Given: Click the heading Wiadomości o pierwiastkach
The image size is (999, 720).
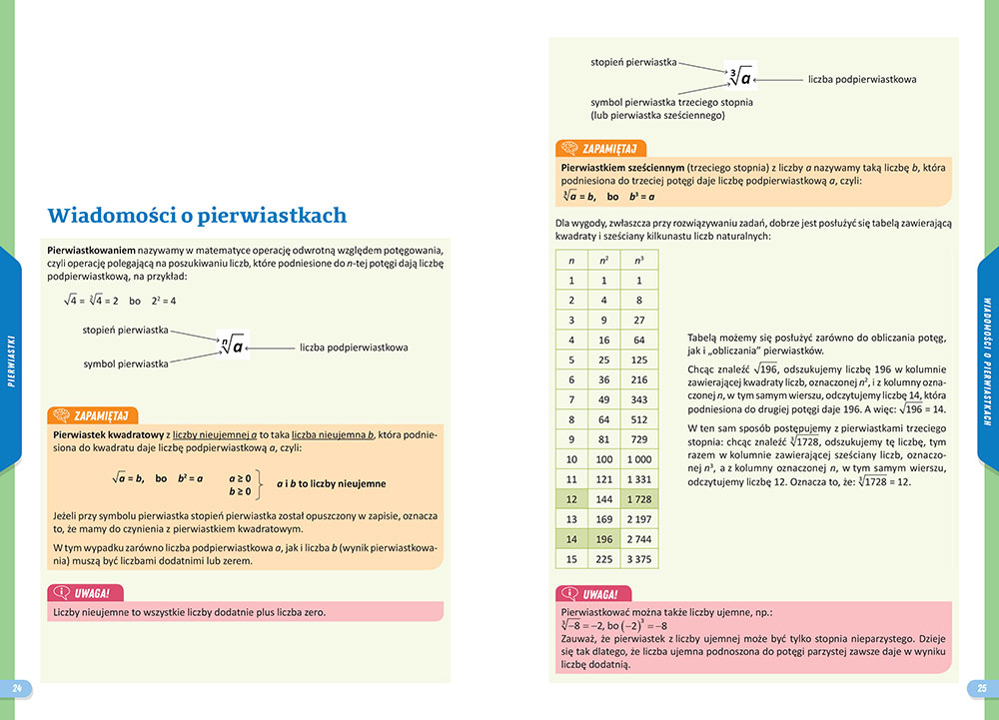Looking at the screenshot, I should click(x=197, y=215).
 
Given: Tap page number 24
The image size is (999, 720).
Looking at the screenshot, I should click(x=16, y=688).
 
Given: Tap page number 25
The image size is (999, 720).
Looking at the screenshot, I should click(x=981, y=688).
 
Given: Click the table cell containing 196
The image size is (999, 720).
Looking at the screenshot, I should click(x=604, y=538).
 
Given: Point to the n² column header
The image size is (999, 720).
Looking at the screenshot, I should click(x=604, y=261).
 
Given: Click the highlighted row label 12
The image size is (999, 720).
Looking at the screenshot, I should click(x=571, y=497).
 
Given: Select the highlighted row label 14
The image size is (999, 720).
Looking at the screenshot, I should click(x=571, y=538).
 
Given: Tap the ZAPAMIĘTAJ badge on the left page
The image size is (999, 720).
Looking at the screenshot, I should click(x=94, y=415).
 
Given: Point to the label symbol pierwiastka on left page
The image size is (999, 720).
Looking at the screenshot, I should click(x=126, y=364).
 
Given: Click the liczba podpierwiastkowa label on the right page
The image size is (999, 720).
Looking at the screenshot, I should click(x=862, y=78).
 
